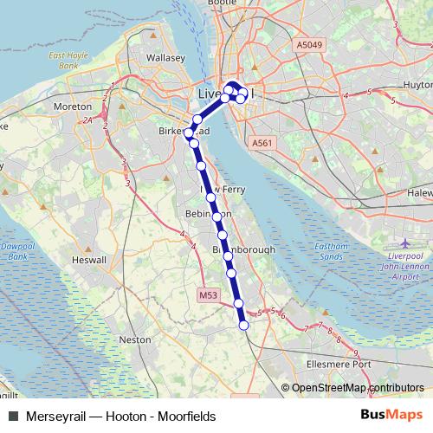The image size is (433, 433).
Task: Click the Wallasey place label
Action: (166, 58)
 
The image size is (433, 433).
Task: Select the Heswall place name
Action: (89, 260)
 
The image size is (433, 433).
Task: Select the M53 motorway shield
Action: (207, 295)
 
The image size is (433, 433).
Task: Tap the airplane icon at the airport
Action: (407, 244)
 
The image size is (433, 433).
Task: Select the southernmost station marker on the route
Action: (243, 325)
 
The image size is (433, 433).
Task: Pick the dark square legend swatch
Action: (12, 417)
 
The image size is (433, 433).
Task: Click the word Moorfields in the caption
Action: (185, 417)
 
